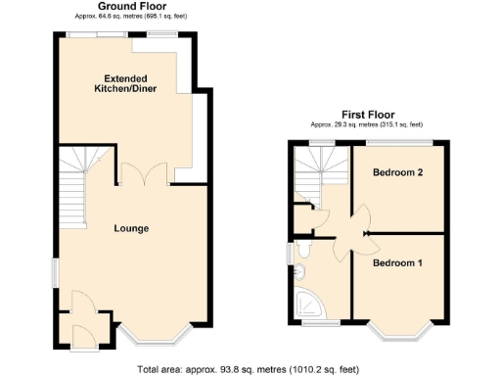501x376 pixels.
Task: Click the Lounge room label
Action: point(131,228)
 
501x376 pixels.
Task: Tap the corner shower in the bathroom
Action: point(304,305)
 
